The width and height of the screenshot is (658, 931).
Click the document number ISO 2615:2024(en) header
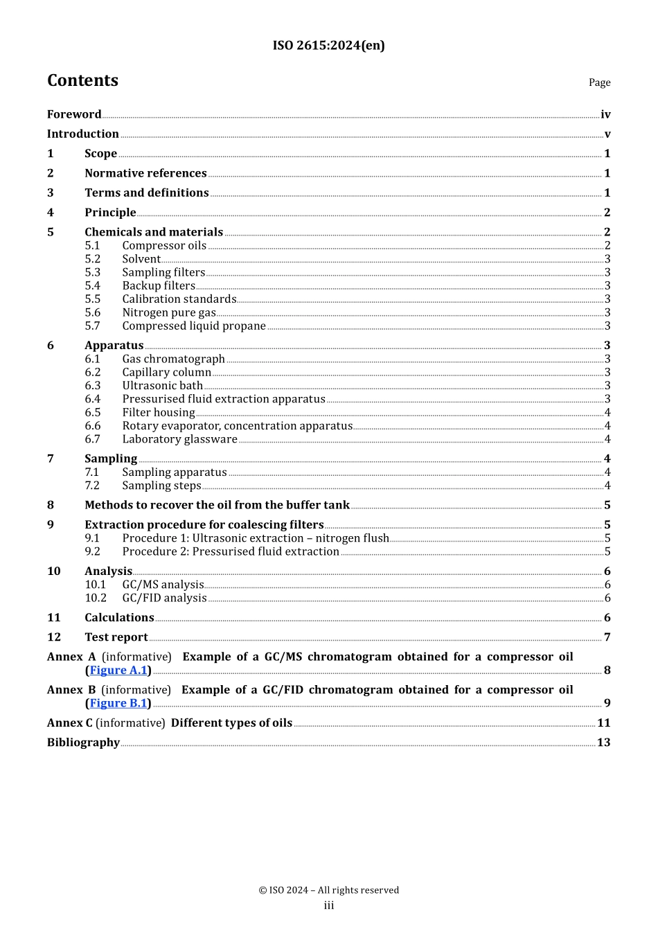(x=328, y=46)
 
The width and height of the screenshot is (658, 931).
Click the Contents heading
(x=82, y=80)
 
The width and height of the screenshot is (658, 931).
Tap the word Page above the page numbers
(x=599, y=82)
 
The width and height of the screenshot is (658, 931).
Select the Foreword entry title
(x=74, y=114)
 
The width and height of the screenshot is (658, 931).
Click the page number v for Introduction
(x=607, y=134)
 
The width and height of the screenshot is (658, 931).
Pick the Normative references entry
(x=145, y=173)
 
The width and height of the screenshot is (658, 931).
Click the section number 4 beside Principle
(x=51, y=213)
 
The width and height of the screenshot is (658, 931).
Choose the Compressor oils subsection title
(x=164, y=246)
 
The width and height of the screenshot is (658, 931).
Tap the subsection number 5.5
(x=93, y=299)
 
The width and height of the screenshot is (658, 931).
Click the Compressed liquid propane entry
(x=194, y=326)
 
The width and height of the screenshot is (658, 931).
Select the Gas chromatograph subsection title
(x=173, y=359)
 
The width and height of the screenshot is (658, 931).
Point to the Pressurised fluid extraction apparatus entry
(x=224, y=399)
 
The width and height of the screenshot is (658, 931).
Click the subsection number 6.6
(x=93, y=426)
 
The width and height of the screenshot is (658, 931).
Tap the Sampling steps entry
(x=161, y=486)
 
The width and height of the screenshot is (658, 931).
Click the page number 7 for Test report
(x=607, y=637)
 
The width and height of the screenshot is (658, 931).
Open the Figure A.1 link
(x=118, y=671)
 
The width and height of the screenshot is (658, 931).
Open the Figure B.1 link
(x=118, y=704)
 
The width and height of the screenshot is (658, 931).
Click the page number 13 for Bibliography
(x=604, y=743)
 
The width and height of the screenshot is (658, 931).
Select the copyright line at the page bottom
(x=329, y=890)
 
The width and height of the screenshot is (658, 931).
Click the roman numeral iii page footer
(x=329, y=905)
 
